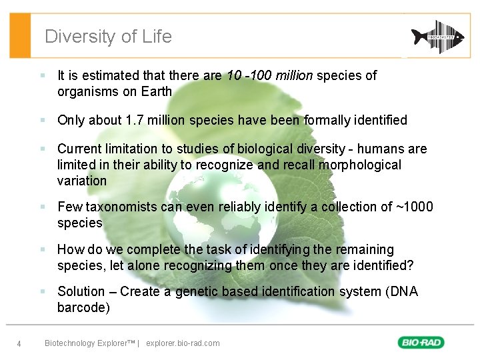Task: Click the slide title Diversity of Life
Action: [108, 37]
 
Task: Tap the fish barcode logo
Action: [437, 36]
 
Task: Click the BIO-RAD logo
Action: [421, 343]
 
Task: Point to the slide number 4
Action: [19, 344]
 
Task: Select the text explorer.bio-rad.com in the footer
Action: [182, 343]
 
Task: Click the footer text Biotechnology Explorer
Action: [89, 343]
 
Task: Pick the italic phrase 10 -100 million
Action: [269, 76]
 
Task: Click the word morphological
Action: [361, 165]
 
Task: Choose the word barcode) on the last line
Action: [83, 308]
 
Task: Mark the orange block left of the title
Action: [21, 36]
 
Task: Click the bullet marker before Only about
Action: [42, 121]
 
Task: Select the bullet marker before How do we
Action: [42, 250]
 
